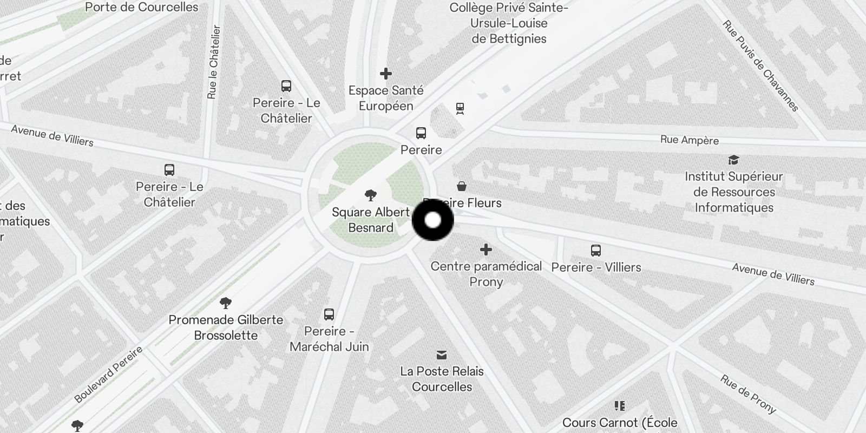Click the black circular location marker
[433, 220]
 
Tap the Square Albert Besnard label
[371, 220]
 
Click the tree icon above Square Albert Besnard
[371, 195]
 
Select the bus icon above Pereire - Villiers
[596, 251]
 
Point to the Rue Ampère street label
[690, 140]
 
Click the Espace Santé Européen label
[386, 98]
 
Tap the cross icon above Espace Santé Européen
[386, 73]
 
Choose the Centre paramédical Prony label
[486, 274]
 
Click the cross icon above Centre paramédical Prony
[486, 250]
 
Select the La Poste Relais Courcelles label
[442, 379]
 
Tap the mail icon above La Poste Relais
[442, 355]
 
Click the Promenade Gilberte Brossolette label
[226, 327]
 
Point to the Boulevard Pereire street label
[108, 375]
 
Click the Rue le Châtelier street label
[214, 62]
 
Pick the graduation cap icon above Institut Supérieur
[733, 160]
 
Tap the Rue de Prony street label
[747, 395]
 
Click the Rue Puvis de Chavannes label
[760, 66]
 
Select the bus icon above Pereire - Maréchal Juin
[329, 314]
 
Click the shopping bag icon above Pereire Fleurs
[462, 186]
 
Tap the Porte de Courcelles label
[142, 7]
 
